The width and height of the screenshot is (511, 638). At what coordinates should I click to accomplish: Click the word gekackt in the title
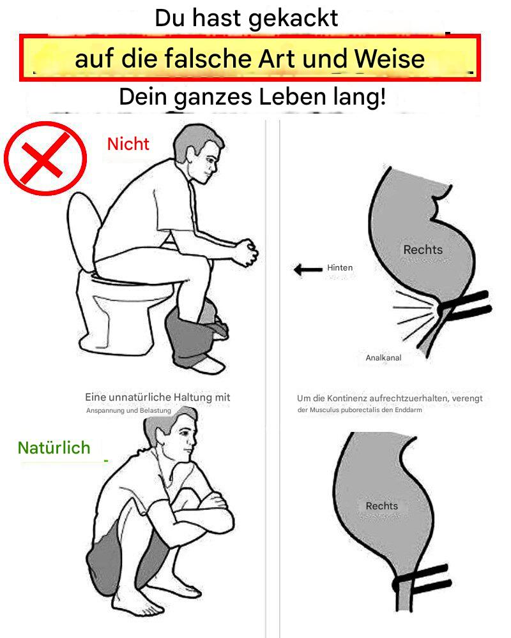(x=293, y=19)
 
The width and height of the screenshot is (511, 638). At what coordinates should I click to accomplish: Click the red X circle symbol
(x=45, y=158)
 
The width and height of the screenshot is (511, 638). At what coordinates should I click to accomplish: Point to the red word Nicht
(x=128, y=144)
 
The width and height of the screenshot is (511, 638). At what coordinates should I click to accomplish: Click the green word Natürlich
(x=54, y=448)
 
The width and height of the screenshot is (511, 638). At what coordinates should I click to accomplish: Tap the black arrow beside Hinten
(x=308, y=269)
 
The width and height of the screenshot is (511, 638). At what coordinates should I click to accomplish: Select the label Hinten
(x=340, y=268)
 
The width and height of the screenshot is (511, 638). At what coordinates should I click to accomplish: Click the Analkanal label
(x=383, y=358)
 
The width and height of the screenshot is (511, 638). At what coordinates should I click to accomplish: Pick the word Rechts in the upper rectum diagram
(x=423, y=249)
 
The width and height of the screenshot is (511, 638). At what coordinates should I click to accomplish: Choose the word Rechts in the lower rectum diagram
(x=382, y=506)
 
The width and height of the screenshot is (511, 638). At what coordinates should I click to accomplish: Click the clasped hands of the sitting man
(x=246, y=252)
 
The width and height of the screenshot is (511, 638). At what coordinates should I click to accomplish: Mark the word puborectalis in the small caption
(x=360, y=410)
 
